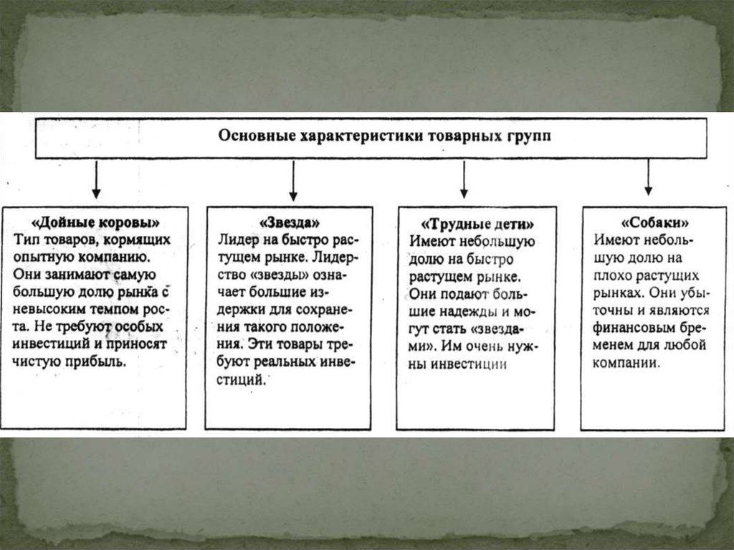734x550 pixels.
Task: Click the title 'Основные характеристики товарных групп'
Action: point(385,137)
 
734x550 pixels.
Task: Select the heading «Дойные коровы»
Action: point(96,220)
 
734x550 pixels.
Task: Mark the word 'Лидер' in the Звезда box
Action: point(235,240)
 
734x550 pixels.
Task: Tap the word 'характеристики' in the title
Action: point(366,137)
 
